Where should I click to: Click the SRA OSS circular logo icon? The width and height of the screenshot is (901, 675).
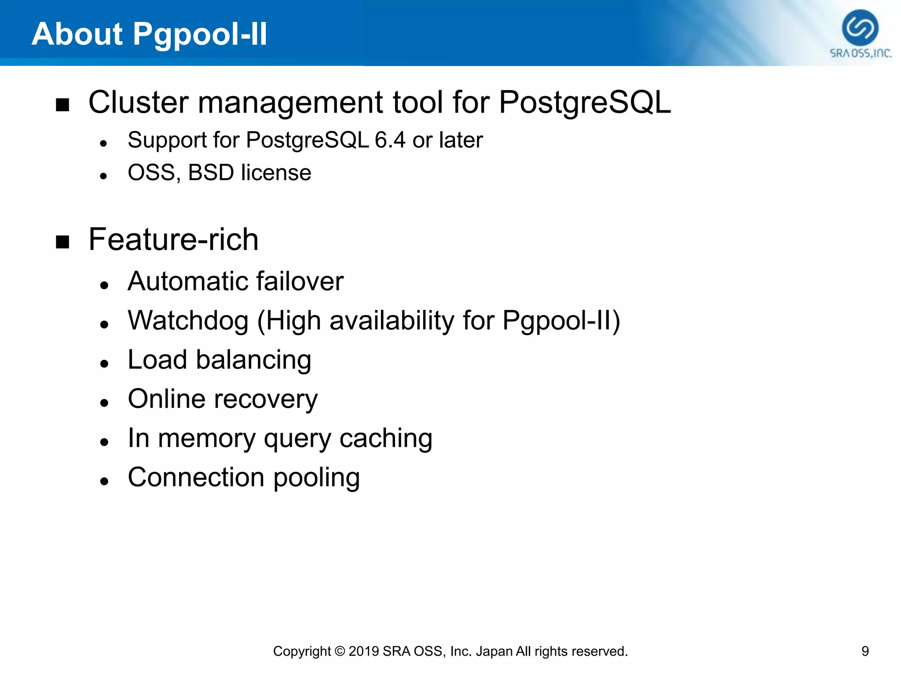tap(860, 28)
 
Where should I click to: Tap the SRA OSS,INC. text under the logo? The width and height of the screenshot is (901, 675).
tap(861, 54)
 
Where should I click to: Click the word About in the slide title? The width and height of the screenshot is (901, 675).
tap(77, 34)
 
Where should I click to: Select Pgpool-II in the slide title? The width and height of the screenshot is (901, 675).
tap(200, 35)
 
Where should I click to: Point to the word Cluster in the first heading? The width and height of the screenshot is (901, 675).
tap(139, 102)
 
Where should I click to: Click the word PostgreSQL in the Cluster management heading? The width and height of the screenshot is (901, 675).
tap(585, 102)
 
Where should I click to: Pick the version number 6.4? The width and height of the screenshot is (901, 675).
tap(390, 140)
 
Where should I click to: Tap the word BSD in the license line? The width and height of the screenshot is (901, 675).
tap(211, 172)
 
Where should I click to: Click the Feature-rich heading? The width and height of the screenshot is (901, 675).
tap(173, 240)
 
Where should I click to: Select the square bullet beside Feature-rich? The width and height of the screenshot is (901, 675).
tap(63, 242)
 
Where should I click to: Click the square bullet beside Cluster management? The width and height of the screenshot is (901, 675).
tap(63, 105)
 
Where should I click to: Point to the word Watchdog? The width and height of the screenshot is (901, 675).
tap(188, 320)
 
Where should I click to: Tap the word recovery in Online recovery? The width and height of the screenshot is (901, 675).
tap(266, 399)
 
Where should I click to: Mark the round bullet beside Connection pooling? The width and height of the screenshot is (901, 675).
tap(104, 481)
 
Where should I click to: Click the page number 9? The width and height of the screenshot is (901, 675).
tap(865, 651)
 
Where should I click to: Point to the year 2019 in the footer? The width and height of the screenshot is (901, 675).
tap(363, 651)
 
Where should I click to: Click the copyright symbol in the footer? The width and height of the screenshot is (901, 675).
tap(340, 651)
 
